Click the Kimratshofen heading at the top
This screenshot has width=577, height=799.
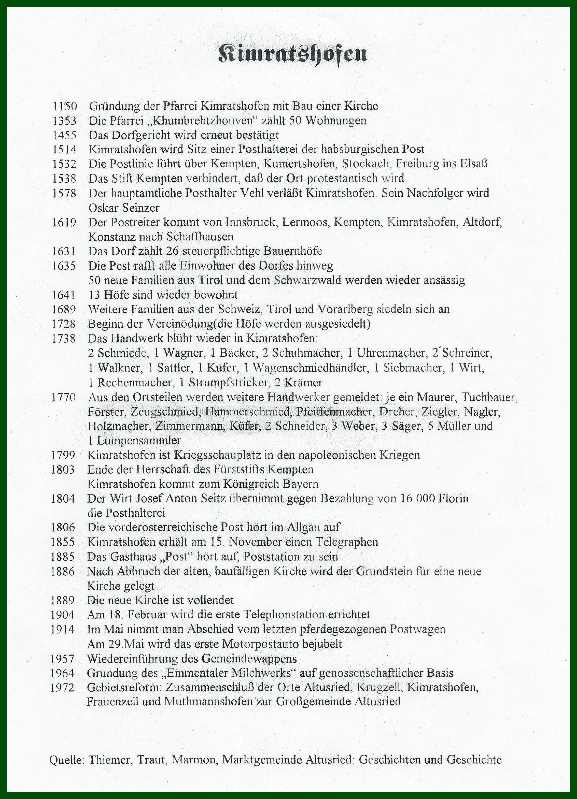[x=292, y=54]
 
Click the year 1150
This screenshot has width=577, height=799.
[x=64, y=106]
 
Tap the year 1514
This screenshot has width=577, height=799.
[x=64, y=149]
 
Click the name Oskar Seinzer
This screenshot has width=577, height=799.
[x=124, y=208]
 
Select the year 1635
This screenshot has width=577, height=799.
[x=64, y=265]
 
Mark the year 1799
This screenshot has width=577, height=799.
[x=63, y=455]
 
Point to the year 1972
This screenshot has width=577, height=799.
[x=62, y=687]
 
